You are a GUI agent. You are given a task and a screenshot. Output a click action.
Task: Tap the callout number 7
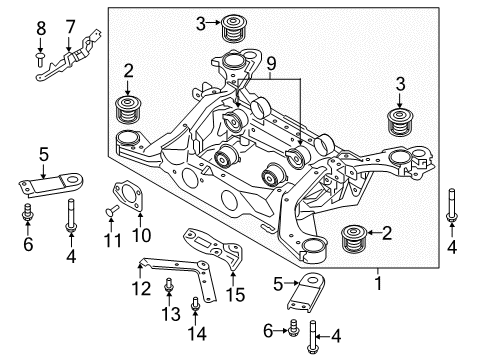(71, 25)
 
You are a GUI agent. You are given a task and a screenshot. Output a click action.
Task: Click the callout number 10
(138, 237)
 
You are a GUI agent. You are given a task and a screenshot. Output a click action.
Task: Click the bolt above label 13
(167, 288)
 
